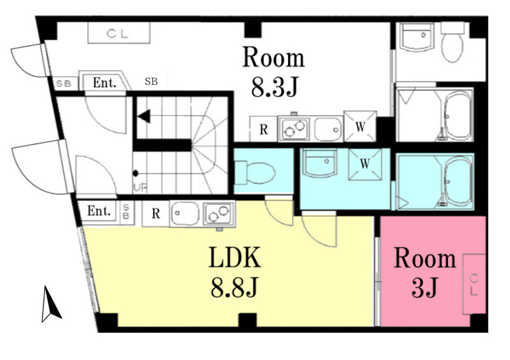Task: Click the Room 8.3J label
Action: tap(273, 72)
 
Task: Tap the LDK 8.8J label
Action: tap(235, 273)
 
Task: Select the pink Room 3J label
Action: tap(425, 273)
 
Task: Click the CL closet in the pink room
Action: tap(474, 284)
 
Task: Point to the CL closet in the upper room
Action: tap(119, 33)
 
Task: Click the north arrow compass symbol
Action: tap(50, 304)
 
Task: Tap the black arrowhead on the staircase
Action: tap(144, 116)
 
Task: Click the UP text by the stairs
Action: tap(140, 187)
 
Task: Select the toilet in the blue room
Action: tap(255, 172)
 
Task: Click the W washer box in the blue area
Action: tap(365, 164)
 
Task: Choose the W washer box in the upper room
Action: tap(360, 126)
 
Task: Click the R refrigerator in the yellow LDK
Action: tap(156, 213)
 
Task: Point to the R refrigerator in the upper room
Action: tap(263, 129)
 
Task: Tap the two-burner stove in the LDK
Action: tap(218, 214)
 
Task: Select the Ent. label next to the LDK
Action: tap(99, 212)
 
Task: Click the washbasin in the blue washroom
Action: tap(320, 163)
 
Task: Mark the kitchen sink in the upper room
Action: tap(328, 129)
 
